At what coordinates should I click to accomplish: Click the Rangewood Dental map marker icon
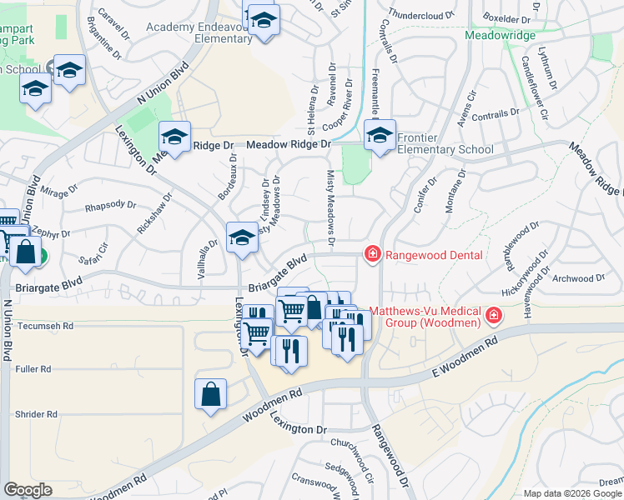(373, 254)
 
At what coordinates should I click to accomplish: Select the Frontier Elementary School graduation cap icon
(380, 135)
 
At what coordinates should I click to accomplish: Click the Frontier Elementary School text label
(445, 143)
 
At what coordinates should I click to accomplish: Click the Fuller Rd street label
(33, 368)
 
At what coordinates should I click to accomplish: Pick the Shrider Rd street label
(36, 413)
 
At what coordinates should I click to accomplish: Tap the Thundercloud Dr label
(420, 15)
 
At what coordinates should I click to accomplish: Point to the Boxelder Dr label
(506, 17)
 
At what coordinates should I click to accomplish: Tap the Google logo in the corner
(28, 489)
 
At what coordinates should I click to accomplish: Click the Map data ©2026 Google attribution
(572, 493)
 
